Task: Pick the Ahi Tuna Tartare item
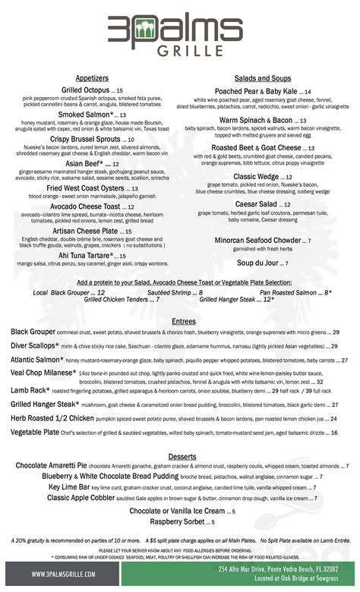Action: coord(84,255)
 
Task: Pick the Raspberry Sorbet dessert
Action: coord(176,522)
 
